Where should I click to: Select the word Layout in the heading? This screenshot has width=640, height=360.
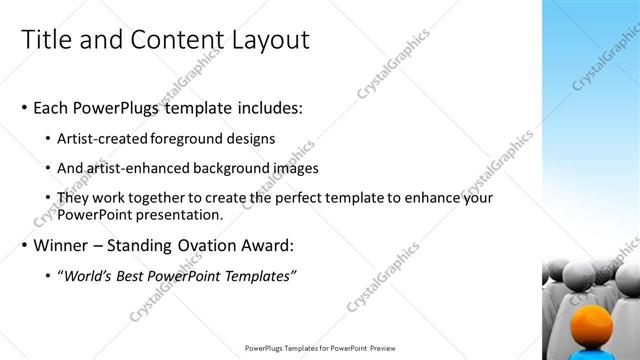tap(263, 39)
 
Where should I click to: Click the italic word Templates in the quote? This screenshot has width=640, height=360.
tap(257, 275)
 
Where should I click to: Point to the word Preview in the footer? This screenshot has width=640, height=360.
tap(378, 349)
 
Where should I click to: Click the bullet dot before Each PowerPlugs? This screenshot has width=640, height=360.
tap(24, 106)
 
